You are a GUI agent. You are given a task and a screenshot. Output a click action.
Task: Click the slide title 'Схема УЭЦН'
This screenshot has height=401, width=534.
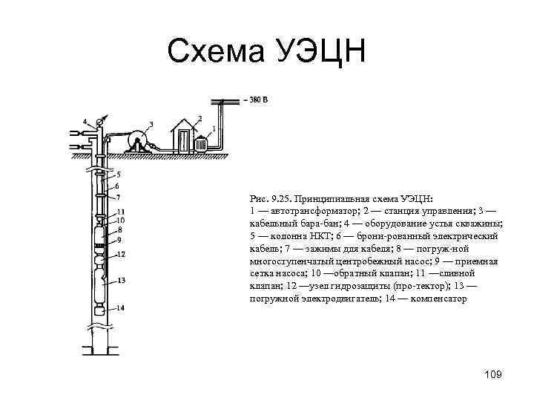pos(266,51)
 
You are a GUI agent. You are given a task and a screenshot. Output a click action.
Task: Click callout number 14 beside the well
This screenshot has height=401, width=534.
pos(120,307)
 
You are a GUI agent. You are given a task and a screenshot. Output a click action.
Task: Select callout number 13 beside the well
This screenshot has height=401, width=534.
pos(120,280)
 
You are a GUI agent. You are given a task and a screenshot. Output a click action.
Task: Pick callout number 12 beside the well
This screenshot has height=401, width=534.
pos(120,254)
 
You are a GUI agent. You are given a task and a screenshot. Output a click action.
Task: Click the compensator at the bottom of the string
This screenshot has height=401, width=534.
pos(101,307)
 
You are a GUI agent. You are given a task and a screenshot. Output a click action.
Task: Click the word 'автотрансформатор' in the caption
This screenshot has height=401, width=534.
pos(306,212)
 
